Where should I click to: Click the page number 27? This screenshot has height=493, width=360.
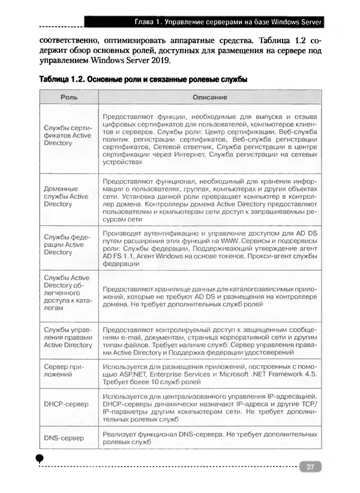(310, 467)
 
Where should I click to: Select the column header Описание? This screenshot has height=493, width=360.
(209, 97)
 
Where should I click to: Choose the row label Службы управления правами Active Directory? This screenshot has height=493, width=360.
(68, 337)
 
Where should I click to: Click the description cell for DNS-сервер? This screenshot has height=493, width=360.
(209, 438)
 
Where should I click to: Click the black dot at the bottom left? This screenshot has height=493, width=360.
(40, 458)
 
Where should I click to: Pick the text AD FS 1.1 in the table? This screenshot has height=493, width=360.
(118, 256)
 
